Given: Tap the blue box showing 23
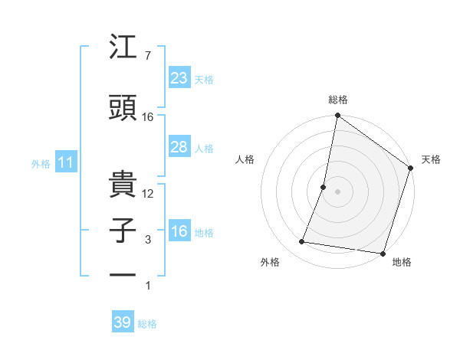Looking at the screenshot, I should pos(179,78).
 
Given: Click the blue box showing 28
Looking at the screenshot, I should pos(179,147).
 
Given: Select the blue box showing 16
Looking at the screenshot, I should pos(179,231).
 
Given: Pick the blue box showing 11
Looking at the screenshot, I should pos(65,162).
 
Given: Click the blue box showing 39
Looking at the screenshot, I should pos(122,322).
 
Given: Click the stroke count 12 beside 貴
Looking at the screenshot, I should pos(148,194).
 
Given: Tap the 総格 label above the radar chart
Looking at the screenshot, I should pos(338,100).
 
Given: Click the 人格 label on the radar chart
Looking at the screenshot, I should pos(245,159).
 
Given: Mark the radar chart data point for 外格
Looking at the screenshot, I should pos(302,242).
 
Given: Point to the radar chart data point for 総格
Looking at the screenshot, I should pos(337,116).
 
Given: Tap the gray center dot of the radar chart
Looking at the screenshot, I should pos(337,191).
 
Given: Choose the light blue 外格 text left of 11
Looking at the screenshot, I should pos(40,163).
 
